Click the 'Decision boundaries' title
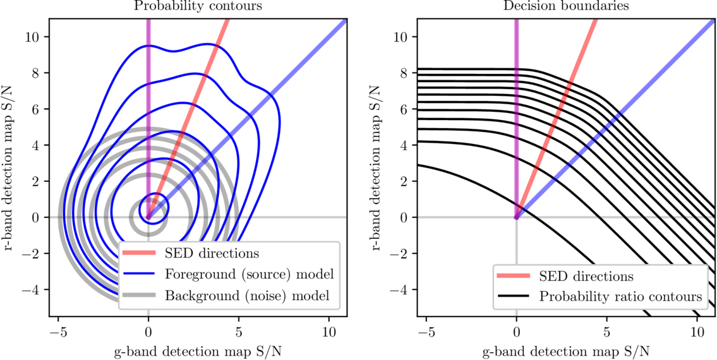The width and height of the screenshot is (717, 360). (x=566, y=7)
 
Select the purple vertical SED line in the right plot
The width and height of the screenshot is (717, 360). (x=517, y=95)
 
